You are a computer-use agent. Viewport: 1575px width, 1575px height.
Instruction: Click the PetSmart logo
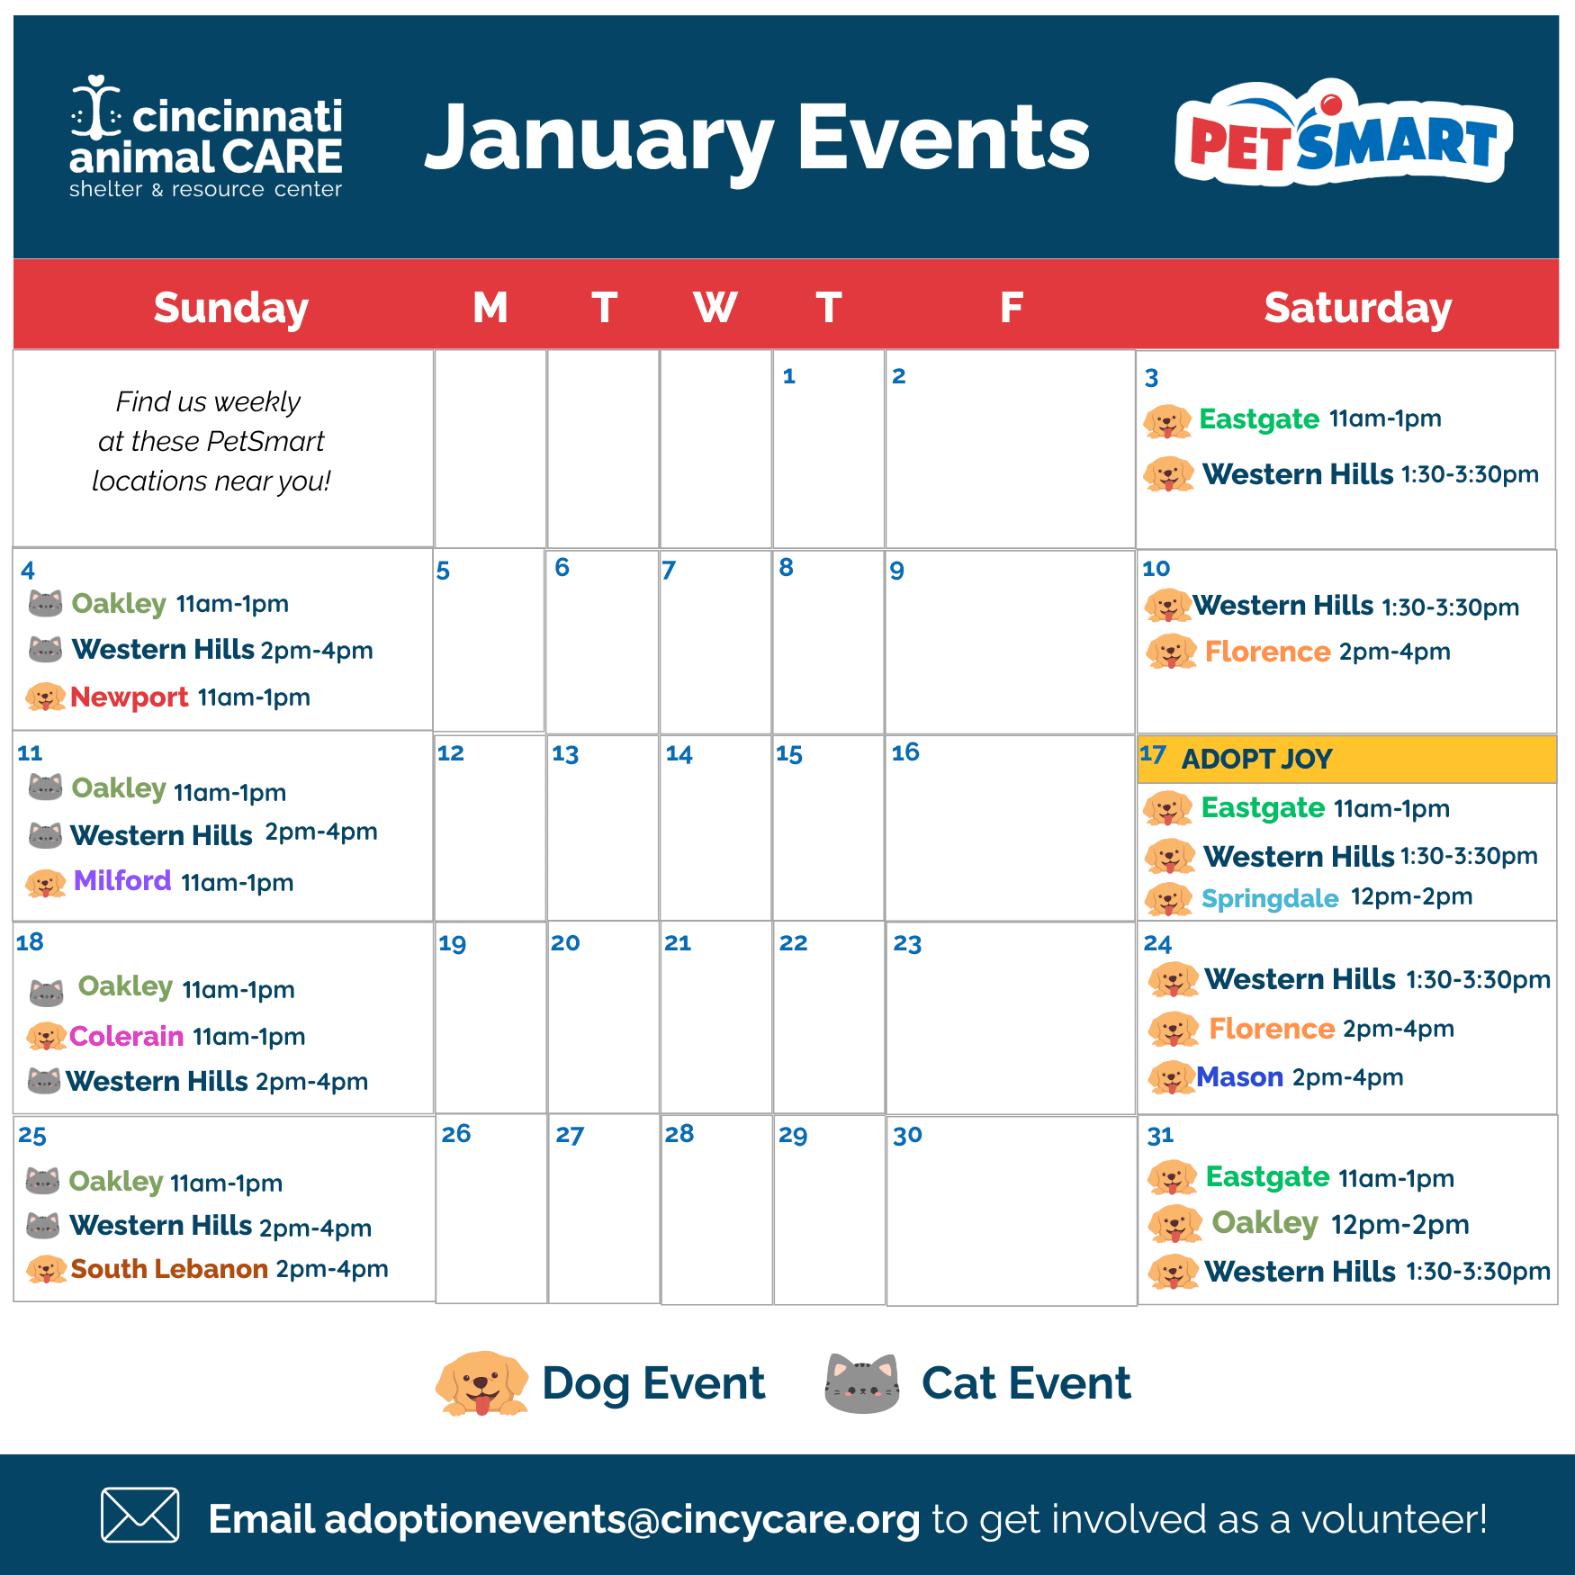(1343, 135)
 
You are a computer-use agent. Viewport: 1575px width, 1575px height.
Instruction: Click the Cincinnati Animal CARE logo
(206, 138)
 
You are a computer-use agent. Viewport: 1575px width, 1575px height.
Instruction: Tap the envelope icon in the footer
(139, 1515)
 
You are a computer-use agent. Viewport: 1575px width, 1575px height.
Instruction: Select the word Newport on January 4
(129, 697)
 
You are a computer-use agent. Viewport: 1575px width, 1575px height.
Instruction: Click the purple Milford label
(122, 880)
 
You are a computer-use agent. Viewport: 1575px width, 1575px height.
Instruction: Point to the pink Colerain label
(126, 1036)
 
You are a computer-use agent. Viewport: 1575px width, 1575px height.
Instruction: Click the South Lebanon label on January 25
(169, 1269)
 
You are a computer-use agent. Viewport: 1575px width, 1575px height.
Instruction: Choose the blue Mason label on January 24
(1239, 1077)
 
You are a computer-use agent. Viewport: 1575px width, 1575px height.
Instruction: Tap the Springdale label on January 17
(1270, 898)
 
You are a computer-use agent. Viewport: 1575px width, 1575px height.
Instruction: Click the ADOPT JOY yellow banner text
(1256, 759)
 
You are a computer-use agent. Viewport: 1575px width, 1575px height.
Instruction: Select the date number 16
(905, 752)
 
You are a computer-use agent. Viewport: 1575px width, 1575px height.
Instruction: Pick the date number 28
(679, 1134)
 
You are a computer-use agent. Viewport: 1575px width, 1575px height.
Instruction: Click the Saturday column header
(1357, 308)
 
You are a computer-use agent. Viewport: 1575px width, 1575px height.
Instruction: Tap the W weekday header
(715, 308)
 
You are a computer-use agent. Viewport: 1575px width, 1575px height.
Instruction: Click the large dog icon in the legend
(482, 1383)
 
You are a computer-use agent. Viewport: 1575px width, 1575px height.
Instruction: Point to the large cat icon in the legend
(862, 1383)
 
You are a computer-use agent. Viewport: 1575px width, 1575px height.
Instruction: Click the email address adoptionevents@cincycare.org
(622, 1519)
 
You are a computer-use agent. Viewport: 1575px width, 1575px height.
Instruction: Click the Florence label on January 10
(1267, 652)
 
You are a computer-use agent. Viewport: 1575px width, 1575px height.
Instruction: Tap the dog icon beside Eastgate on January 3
(1167, 421)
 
